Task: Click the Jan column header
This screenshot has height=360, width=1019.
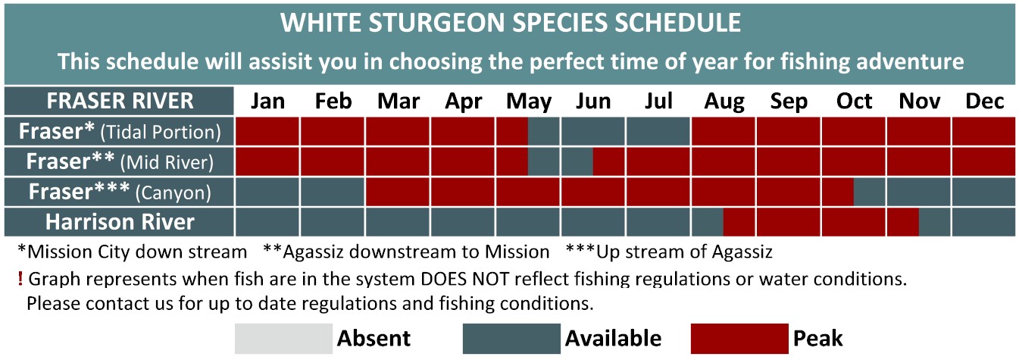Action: pos(267,101)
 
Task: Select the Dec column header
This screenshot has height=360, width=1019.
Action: pos(984,101)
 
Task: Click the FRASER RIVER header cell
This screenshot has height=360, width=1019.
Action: pos(119,101)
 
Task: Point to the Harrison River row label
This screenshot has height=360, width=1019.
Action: pos(119,222)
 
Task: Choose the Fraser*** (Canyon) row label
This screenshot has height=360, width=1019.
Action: pos(119,192)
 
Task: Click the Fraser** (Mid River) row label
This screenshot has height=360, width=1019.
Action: pos(119,161)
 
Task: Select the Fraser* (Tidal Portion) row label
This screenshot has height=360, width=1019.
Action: pos(119,132)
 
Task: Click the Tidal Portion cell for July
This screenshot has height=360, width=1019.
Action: pos(658,132)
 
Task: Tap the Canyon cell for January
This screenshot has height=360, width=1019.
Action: pos(267,192)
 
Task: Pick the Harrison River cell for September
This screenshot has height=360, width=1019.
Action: pos(789,222)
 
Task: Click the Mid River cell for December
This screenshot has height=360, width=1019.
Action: pos(983,161)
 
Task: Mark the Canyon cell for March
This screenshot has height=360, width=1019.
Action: pos(398,192)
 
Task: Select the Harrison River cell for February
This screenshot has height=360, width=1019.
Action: pos(332,222)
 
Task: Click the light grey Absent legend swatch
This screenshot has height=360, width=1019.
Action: pos(283,339)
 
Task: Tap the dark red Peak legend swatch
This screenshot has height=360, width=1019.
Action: pos(739,339)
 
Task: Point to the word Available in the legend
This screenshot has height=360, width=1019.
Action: pos(613,339)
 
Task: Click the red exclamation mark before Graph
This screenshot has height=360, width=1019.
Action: pos(20,279)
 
